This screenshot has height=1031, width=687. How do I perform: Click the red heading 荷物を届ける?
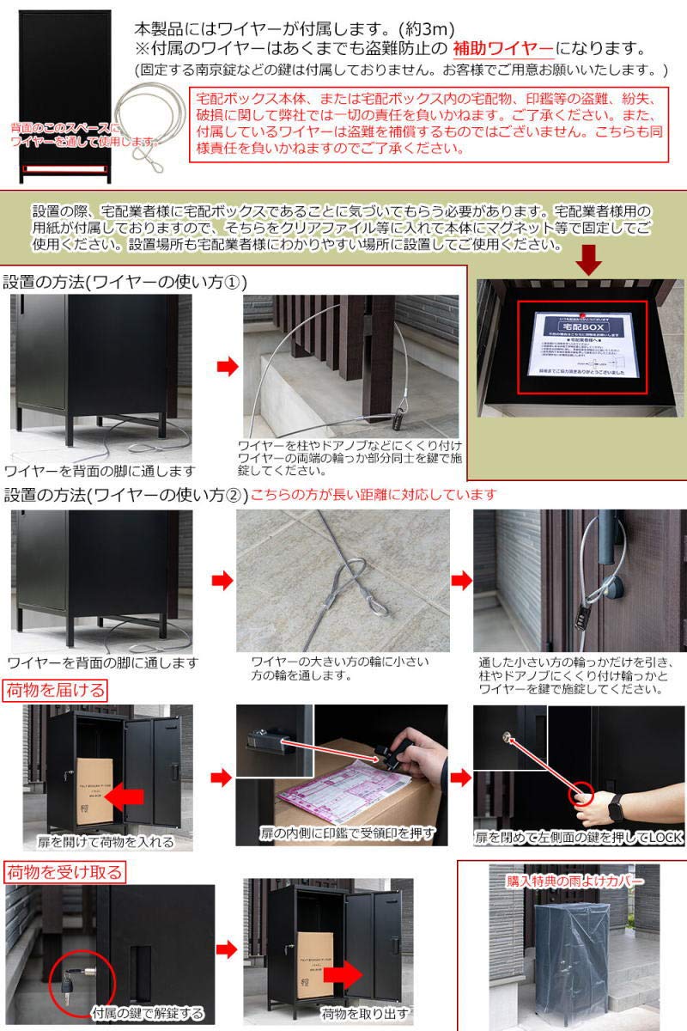[x=57, y=689]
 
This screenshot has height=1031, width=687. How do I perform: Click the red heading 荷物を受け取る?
[x=64, y=872]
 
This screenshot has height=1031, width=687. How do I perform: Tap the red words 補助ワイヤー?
[x=502, y=48]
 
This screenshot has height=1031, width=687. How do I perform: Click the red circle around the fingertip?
[x=581, y=796]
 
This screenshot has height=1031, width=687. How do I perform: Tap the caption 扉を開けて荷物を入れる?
[x=105, y=842]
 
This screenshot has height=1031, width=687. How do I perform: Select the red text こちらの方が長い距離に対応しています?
[x=374, y=495]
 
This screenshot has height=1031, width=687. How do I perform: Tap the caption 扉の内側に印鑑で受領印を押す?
[x=348, y=833]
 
